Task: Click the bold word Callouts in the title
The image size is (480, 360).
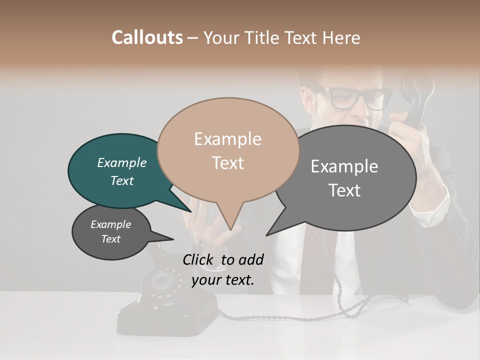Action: coord(147,37)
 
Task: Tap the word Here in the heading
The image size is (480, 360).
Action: coord(341,37)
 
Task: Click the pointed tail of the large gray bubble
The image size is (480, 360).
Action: coord(267,234)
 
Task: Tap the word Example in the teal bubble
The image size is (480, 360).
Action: coord(122,162)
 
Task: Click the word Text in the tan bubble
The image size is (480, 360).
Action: coord(228,163)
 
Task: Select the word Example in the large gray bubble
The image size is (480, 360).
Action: coord(344,166)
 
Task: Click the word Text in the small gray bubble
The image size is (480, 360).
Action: coord(111,239)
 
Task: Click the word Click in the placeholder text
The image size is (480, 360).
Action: coord(199,259)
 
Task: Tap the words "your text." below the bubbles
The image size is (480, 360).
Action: coord(223,279)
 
